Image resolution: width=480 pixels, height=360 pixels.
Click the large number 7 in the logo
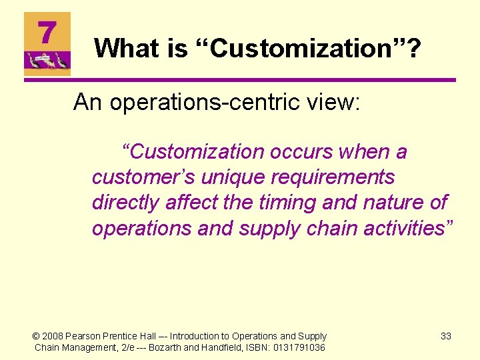[46, 32]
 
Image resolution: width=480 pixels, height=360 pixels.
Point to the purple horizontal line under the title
[240, 81]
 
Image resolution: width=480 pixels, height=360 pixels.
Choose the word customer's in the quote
[136, 178]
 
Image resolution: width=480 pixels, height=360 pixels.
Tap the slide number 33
[446, 336]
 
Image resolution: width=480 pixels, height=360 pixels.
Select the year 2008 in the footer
[53, 336]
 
